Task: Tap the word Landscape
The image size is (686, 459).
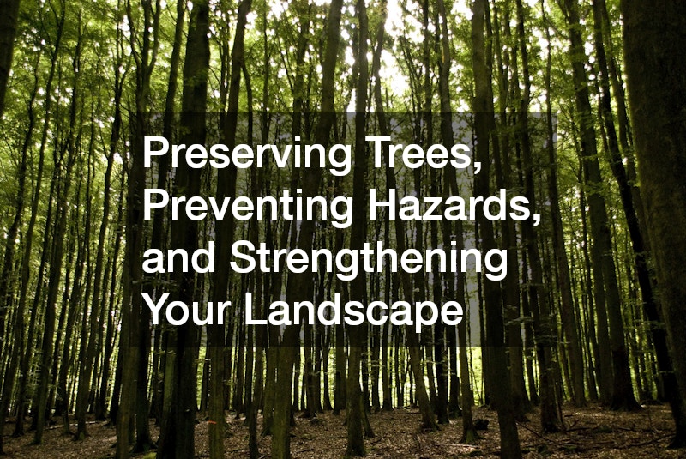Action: tap(352, 312)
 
